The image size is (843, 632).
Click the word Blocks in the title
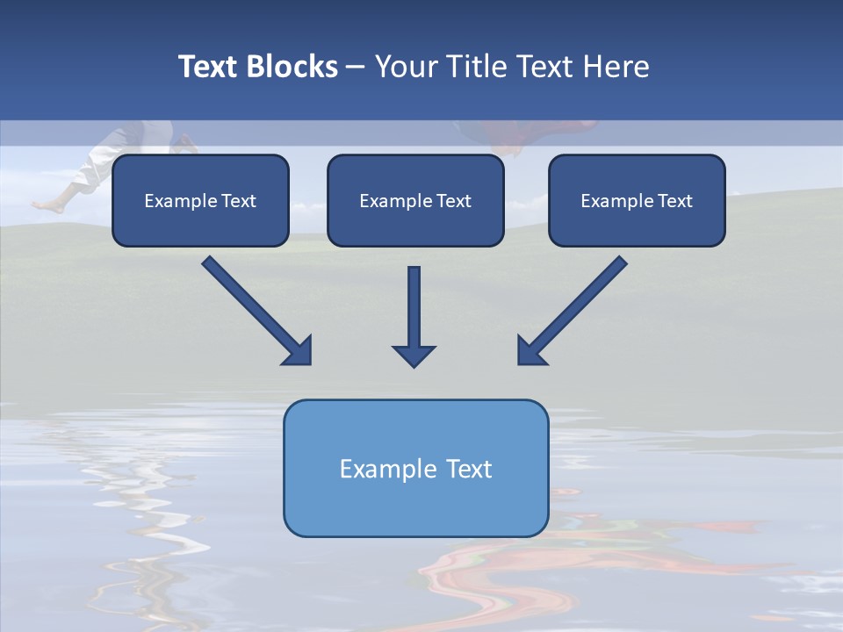tap(292, 67)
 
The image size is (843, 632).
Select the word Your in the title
tap(405, 67)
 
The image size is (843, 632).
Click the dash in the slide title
tap(356, 68)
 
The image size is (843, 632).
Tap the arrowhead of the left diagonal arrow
tap(299, 351)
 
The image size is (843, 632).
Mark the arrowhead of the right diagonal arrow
tap(530, 351)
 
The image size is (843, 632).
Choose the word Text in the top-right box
tap(674, 201)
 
